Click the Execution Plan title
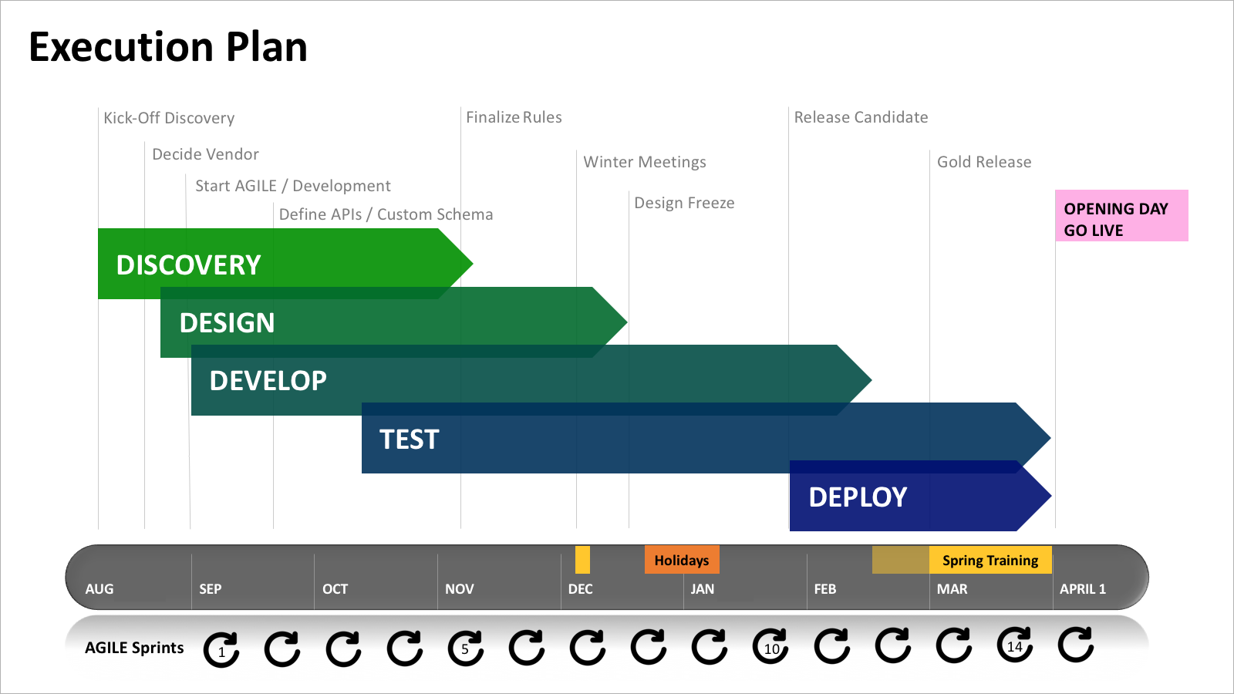pos(168,47)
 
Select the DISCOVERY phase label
pos(188,265)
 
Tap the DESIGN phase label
pos(227,323)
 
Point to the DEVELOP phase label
pos(268,381)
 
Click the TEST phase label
pos(410,439)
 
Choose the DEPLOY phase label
pos(858,497)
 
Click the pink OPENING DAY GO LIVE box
pos(1121,215)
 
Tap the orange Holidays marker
pos(682,560)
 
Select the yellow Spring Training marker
pos(990,560)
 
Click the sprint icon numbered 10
pos(770,646)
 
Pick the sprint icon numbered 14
pos(1015,645)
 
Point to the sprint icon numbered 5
pos(466,648)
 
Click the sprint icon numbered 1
pos(221,650)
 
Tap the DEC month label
pos(581,589)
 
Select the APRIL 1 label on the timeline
pos(1083,589)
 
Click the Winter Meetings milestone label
pos(645,162)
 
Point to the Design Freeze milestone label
pos(684,203)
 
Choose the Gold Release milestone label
pos(984,162)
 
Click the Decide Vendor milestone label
pos(205,154)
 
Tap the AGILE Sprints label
pos(134,648)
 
